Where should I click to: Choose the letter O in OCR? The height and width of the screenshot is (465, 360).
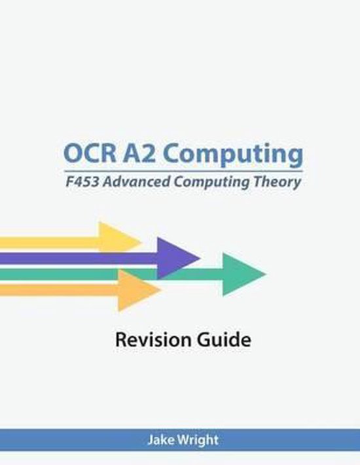(x=72, y=155)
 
